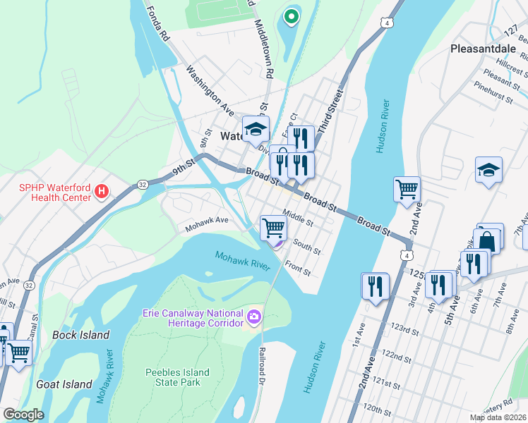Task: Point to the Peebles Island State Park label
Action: tap(177, 377)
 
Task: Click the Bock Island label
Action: tap(81, 335)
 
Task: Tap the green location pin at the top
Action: tap(289, 16)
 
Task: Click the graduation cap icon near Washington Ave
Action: tap(256, 129)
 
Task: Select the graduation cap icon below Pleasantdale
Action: tap(488, 171)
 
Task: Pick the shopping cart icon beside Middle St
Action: tap(273, 228)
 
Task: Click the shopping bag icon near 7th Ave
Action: tap(488, 238)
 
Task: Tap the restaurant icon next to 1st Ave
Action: tap(375, 286)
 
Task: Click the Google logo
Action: tap(23, 415)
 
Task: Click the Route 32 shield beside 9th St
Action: tap(142, 184)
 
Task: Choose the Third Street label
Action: tap(330, 112)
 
